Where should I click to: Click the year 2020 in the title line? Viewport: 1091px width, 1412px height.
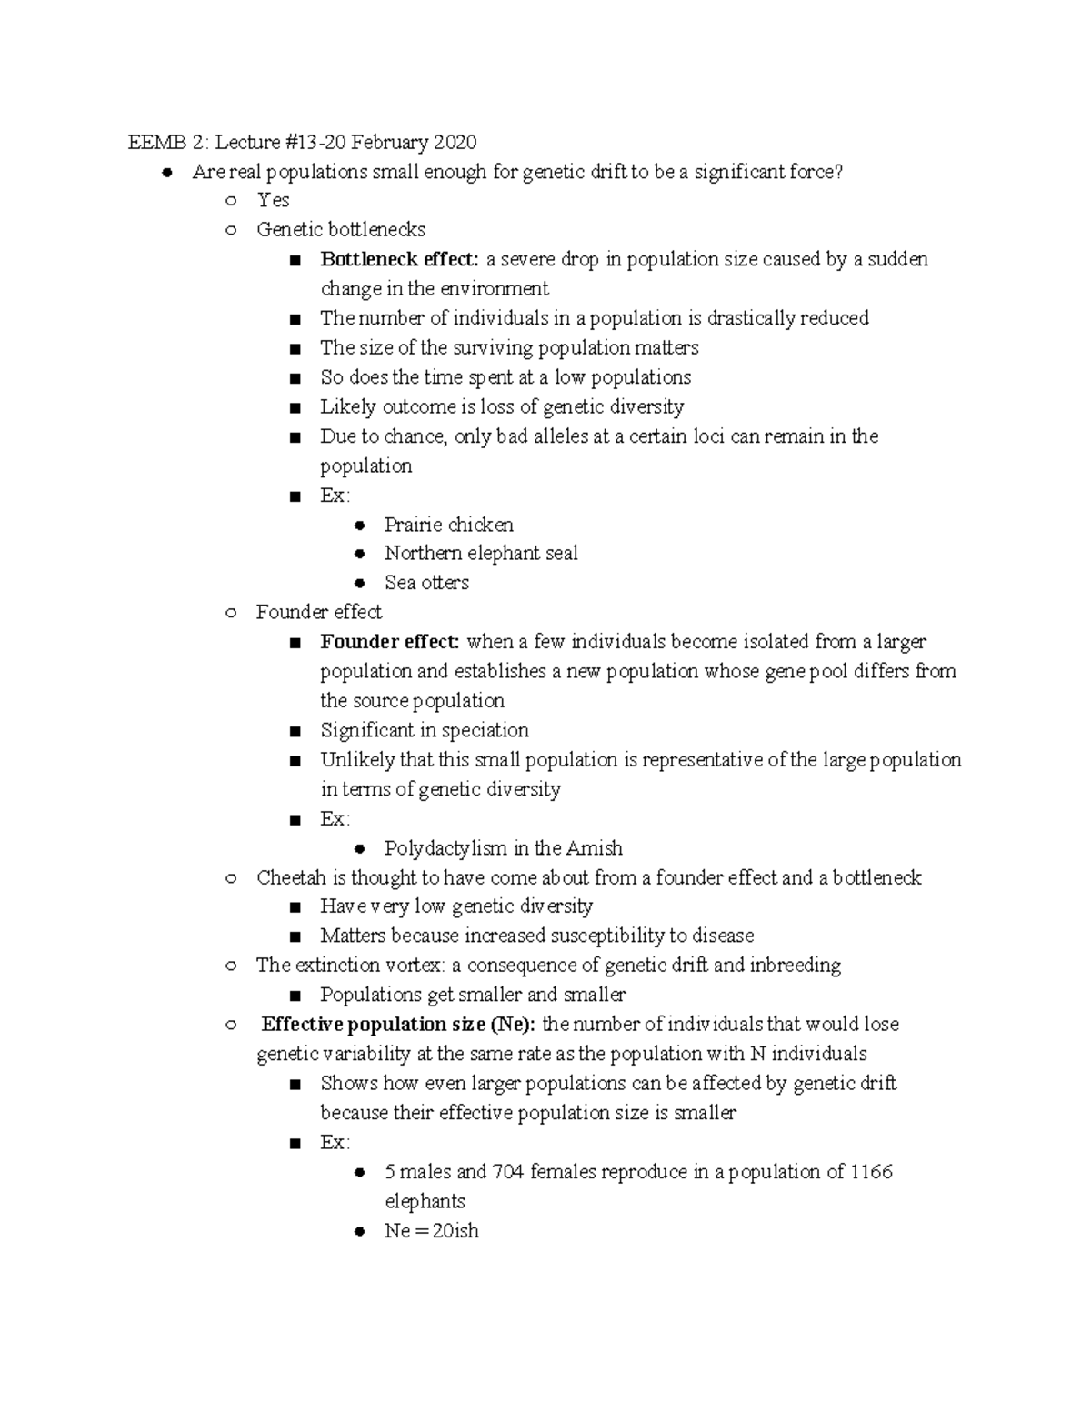(455, 143)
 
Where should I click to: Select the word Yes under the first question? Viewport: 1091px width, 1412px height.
(273, 200)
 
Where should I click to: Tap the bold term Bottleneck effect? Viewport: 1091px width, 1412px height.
(399, 259)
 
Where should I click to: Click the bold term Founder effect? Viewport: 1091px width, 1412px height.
(390, 642)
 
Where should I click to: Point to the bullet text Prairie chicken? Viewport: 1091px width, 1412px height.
(448, 525)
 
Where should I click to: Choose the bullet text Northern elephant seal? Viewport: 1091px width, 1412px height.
(480, 554)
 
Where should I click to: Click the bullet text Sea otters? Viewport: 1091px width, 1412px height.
(426, 583)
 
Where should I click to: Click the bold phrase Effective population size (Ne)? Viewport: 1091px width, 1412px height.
(399, 1025)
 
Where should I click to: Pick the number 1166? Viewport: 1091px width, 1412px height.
(871, 1172)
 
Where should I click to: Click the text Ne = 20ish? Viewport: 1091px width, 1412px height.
(431, 1231)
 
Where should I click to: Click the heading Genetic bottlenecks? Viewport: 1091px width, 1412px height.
(340, 230)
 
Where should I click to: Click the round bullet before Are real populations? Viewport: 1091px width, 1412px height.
(166, 172)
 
